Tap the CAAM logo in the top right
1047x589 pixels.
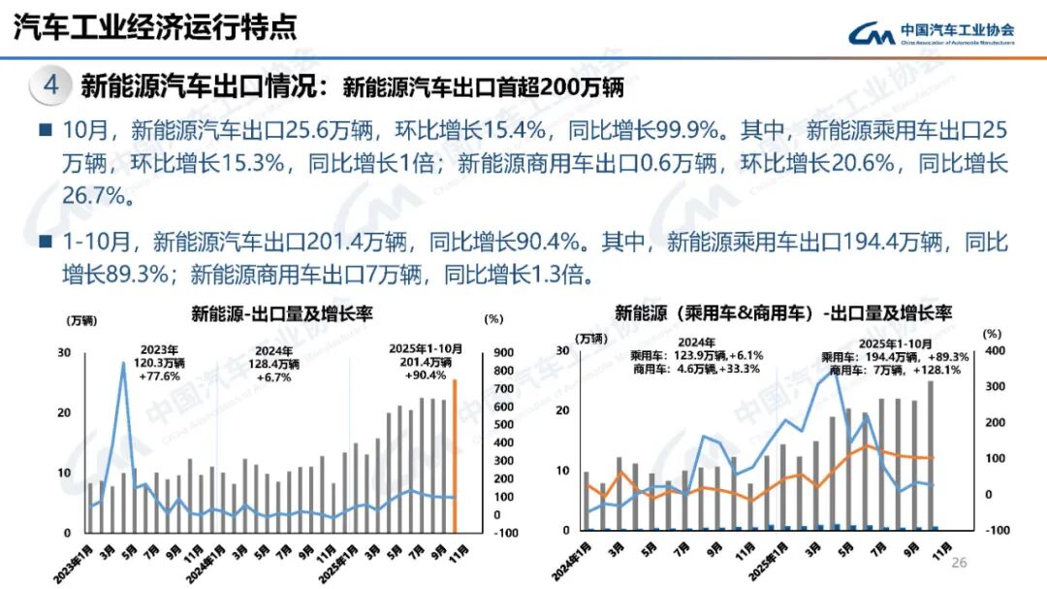click(x=931, y=34)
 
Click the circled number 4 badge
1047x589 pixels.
click(x=51, y=85)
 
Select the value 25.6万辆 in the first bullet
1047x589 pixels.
click(x=317, y=130)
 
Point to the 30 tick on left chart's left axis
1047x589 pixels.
click(x=64, y=352)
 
